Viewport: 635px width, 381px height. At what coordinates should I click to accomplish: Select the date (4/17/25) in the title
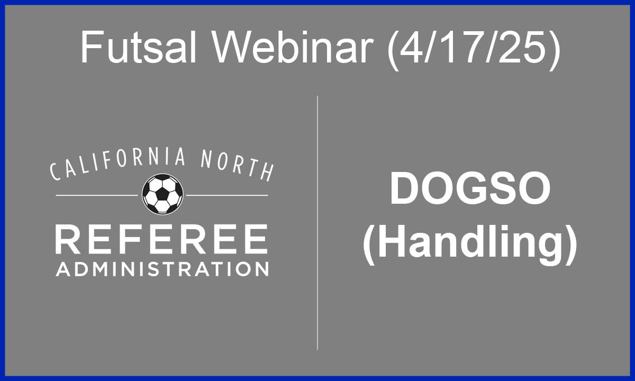click(474, 50)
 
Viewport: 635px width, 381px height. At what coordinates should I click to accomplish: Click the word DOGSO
click(470, 188)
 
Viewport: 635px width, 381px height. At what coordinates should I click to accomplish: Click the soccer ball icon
click(162, 194)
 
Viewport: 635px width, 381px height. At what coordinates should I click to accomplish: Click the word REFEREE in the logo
click(161, 239)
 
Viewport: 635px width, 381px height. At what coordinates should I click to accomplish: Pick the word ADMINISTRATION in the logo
click(162, 269)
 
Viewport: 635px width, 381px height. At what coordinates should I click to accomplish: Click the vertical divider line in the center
click(317, 223)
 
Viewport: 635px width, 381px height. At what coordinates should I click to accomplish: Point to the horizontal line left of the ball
click(97, 195)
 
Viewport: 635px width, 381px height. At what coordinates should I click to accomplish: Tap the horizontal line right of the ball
click(227, 195)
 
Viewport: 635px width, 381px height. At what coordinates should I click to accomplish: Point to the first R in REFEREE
click(67, 239)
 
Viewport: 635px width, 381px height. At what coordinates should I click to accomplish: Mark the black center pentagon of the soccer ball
click(162, 194)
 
